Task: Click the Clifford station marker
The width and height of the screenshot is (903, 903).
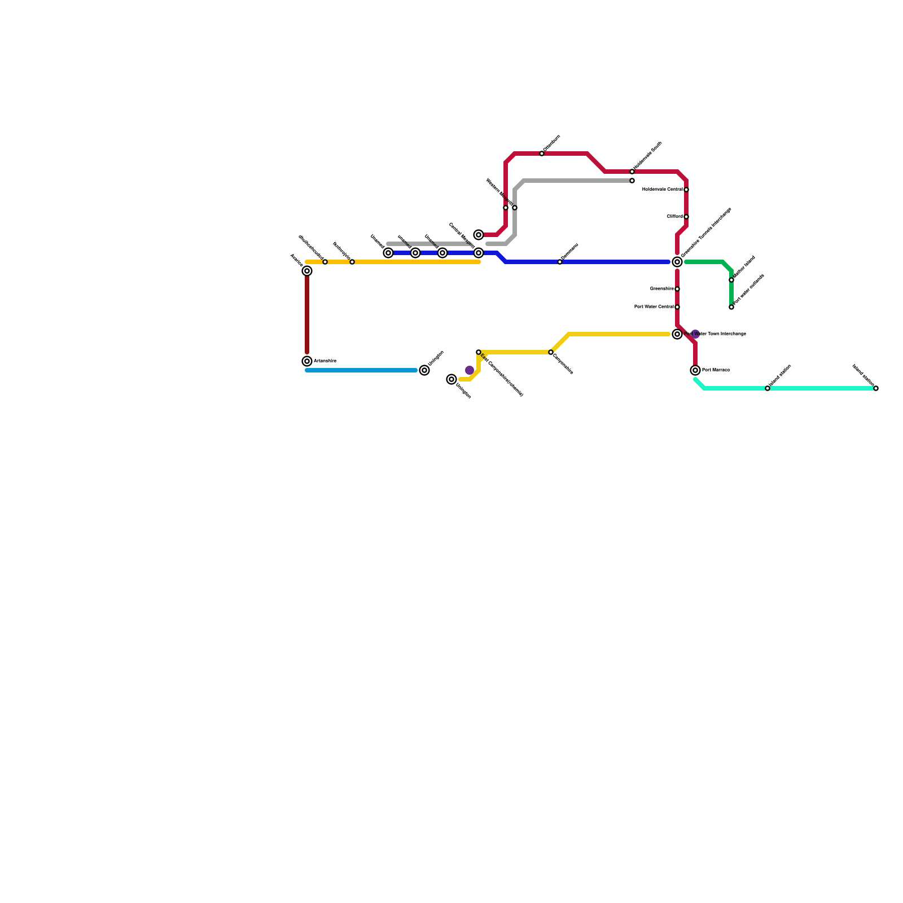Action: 686,217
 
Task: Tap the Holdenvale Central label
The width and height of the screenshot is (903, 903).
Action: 663,190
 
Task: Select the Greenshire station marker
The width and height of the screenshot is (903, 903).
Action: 677,289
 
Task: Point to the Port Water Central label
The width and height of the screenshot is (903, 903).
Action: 654,307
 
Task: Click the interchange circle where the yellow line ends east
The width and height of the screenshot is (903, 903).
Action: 677,334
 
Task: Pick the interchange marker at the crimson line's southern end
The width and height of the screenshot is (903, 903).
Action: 695,370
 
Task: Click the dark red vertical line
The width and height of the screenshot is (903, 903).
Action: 307,316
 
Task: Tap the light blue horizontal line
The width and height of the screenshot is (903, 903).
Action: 361,370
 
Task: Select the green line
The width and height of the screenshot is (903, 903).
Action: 705,262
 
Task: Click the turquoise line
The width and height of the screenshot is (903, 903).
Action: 818,388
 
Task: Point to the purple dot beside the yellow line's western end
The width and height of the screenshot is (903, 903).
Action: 470,370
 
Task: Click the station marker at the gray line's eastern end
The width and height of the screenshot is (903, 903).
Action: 632,181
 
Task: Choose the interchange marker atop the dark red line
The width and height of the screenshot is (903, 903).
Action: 307,271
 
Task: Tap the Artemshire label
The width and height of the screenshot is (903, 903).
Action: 325,361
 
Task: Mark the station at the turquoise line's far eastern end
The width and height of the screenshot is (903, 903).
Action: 876,388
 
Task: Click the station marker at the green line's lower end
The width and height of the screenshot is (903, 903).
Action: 731,307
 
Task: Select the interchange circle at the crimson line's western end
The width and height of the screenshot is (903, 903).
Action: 479,235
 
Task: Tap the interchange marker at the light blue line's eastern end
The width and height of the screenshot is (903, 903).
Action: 424,370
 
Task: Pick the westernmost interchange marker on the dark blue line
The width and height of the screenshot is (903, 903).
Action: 388,253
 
